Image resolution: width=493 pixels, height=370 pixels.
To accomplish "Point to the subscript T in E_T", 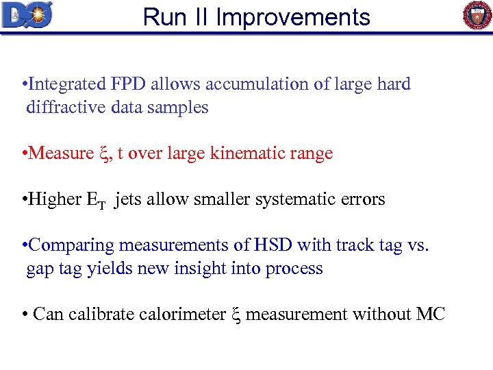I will coord(101,204).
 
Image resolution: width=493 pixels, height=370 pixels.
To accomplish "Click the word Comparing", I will coord(73,245).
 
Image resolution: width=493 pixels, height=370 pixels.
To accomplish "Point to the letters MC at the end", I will coord(430,314).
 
